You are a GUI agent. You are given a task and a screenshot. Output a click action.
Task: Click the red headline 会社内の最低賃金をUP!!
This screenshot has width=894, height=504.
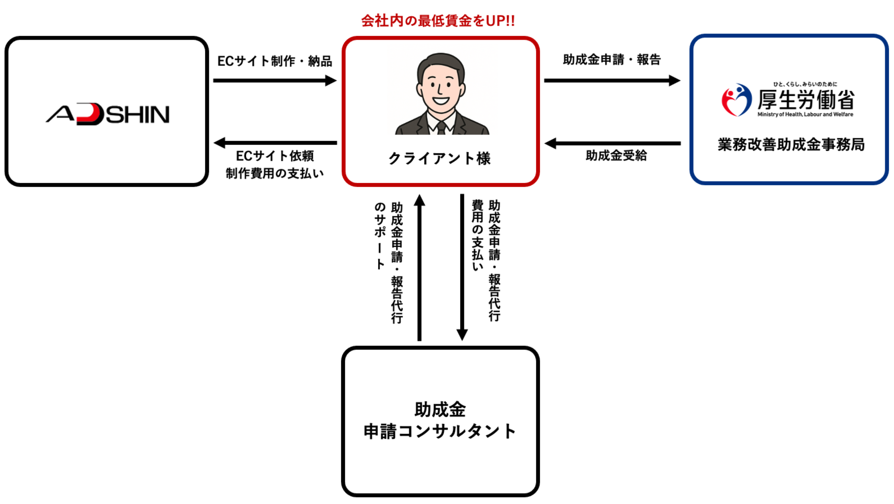438,21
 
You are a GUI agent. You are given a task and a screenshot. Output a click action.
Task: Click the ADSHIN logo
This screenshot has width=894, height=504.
108,114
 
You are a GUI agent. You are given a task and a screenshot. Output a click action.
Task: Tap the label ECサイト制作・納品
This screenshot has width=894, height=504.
275,61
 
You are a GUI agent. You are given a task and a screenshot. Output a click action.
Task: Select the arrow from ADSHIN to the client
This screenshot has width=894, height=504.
275,80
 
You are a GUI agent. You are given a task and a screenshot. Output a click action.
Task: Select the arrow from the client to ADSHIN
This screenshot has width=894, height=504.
275,143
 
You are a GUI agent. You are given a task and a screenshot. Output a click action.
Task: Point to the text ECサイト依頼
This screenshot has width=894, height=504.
275,156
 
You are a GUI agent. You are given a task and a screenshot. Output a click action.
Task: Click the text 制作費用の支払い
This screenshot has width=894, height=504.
275,173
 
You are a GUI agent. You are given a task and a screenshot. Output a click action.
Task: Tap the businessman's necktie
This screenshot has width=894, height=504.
441,128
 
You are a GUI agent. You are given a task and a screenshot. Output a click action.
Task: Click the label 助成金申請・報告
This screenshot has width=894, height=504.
612,60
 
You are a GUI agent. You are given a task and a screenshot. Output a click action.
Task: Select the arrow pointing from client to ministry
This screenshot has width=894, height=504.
612,80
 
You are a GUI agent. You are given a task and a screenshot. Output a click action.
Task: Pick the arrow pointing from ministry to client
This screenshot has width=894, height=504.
612,143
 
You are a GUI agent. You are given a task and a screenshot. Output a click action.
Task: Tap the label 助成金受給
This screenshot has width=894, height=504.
616,156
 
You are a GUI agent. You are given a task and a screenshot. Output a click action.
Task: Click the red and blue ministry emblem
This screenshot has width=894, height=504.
736,100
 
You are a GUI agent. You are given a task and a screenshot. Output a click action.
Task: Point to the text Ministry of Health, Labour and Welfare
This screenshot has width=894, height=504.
805,114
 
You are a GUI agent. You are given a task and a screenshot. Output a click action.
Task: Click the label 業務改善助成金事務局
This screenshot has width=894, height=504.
791,144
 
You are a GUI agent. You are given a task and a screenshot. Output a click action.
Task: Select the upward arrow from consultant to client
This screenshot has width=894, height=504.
419,267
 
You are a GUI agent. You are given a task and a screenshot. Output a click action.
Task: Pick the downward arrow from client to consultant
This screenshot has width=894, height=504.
462,267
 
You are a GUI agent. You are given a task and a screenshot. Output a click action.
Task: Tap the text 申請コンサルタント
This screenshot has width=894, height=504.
440,431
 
